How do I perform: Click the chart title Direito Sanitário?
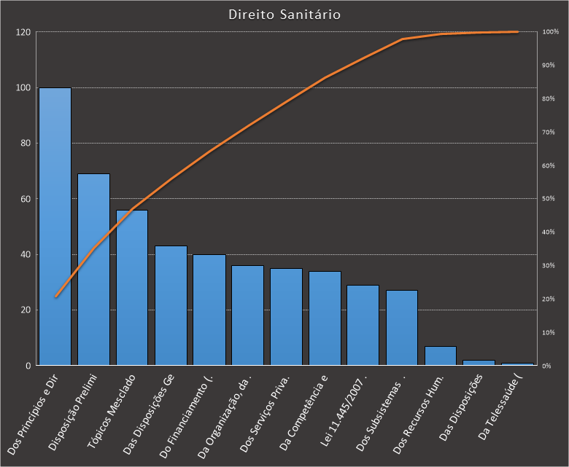[284, 15]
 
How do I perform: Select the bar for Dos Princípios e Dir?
[55, 226]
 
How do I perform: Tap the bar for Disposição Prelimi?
[93, 270]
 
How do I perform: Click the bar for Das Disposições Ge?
[171, 306]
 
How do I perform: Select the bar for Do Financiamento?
[209, 310]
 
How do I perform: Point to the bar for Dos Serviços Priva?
[286, 317]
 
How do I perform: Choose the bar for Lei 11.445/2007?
[363, 325]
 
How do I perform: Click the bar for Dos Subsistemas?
[402, 328]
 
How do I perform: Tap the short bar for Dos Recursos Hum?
[441, 356]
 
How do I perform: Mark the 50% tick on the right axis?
[549, 199]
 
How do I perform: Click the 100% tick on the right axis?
[550, 32]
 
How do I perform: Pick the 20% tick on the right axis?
[549, 299]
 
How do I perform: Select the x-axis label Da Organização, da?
[225, 415]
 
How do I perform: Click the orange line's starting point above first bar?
[55, 297]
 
